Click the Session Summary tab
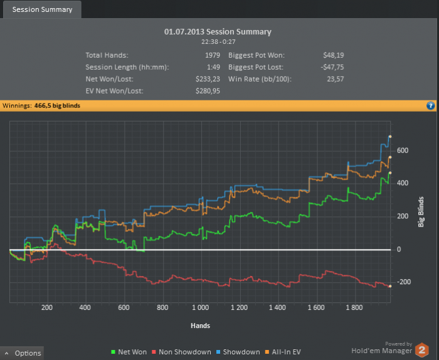tap(42, 9)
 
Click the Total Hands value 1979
tap(213, 55)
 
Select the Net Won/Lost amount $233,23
tap(208, 79)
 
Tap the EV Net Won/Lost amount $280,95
tap(208, 91)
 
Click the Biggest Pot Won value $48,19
tap(331, 55)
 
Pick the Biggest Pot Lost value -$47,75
tap(330, 67)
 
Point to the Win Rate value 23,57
tap(335, 79)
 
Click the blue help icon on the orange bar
tap(431, 106)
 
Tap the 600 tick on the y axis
tap(403, 151)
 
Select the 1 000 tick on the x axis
tap(201, 308)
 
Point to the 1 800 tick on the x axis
tap(354, 308)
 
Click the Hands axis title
tap(201, 326)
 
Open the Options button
tap(23, 353)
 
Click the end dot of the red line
tap(390, 286)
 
